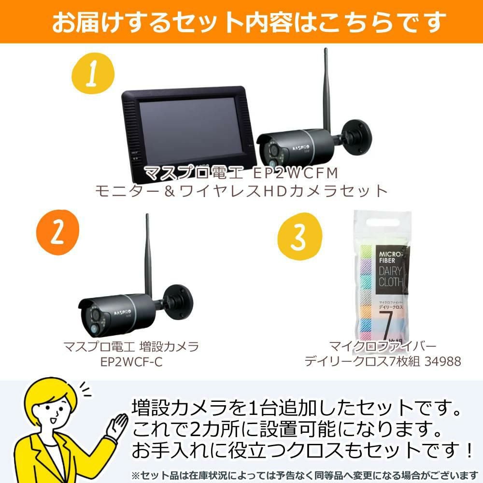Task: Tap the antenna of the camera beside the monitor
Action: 326,87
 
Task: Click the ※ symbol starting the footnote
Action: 135,474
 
